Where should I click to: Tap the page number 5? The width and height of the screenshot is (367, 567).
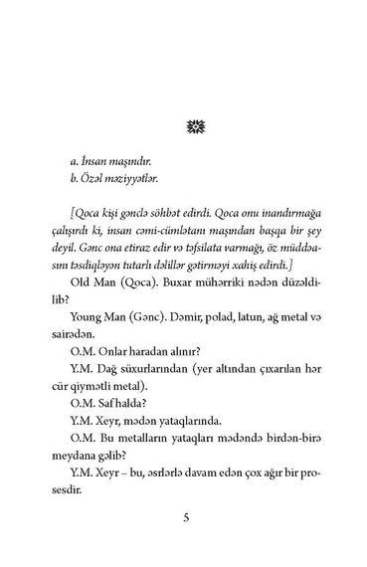184,518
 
